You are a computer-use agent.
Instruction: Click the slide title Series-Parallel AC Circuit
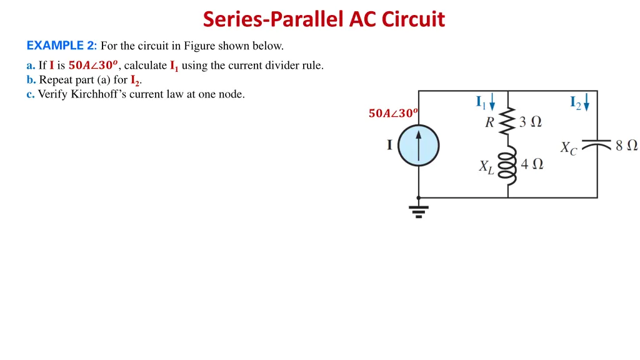324,19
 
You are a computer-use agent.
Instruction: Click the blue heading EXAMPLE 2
61,46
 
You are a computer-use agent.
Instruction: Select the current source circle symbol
419,145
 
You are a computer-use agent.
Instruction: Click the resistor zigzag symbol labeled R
508,122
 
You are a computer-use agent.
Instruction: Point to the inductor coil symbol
508,164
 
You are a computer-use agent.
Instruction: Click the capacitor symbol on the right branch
597,145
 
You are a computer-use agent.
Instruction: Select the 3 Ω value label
530,122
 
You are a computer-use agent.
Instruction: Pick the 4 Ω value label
532,164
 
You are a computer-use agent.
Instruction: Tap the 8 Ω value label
626,145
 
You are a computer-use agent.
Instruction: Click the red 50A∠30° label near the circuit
393,113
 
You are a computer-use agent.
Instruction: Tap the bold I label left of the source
389,145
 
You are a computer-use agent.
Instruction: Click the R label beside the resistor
490,122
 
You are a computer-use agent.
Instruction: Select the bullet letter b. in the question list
31,80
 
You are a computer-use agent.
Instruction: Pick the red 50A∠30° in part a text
93,65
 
